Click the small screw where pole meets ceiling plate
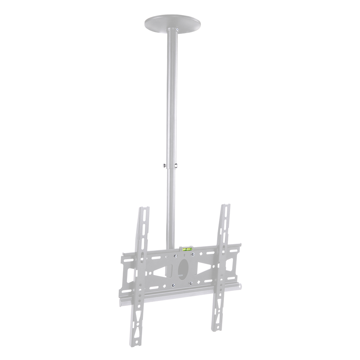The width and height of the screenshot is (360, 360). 177,29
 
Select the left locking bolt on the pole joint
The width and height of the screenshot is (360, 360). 164,166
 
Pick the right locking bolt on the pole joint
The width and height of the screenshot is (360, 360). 176,166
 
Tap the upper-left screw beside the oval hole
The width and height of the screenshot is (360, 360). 175,256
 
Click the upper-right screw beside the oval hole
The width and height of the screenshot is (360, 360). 193,255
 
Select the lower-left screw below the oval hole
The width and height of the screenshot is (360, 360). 173,286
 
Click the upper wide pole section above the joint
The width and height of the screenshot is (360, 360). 172,97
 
